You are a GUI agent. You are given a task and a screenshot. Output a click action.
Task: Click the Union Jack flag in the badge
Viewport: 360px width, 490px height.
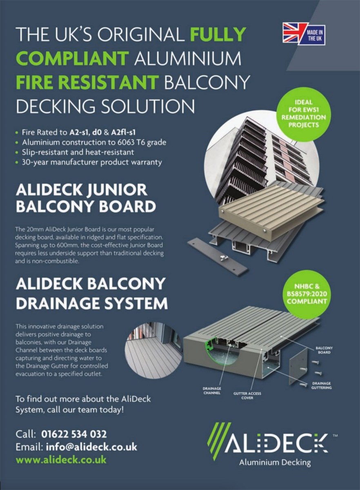point(292,33)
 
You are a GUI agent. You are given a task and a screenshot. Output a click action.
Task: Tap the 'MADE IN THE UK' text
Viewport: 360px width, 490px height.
point(315,36)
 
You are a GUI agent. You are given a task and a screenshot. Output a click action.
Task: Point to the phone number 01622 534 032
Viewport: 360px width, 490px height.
point(74,434)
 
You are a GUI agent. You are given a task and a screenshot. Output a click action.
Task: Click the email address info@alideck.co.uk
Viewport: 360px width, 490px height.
point(91,447)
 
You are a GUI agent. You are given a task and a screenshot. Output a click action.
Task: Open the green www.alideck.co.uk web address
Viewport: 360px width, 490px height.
point(61,460)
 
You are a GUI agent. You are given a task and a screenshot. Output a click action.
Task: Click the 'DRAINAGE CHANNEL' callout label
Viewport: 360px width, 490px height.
point(212,391)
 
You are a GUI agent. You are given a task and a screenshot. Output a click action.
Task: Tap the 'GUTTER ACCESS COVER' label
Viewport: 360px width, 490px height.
point(247,396)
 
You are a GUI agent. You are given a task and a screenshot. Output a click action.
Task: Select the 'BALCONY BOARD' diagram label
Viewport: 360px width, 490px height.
point(324,350)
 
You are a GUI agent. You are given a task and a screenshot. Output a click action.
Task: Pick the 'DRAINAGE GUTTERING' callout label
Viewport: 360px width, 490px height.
point(321,385)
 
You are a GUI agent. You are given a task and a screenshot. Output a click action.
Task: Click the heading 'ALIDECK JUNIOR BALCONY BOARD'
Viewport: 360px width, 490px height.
point(86,198)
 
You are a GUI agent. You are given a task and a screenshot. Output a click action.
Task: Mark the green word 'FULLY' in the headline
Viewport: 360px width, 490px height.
point(218,34)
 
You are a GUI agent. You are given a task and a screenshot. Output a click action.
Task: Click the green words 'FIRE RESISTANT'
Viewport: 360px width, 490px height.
point(87,82)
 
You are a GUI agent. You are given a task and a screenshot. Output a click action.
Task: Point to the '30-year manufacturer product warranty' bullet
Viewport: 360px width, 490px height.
point(92,163)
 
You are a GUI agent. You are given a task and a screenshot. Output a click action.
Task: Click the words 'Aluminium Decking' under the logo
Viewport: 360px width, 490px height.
point(275,462)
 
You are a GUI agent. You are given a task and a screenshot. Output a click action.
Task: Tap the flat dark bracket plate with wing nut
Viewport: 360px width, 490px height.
point(218,256)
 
